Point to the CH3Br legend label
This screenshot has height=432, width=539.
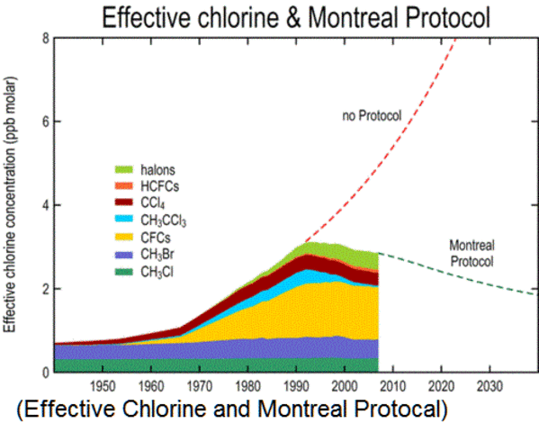[x=157, y=254]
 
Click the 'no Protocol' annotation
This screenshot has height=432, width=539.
[x=371, y=116]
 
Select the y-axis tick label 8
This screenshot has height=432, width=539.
[x=45, y=39]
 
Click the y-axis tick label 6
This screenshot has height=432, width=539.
[x=45, y=122]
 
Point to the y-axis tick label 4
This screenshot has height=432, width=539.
[x=45, y=205]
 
